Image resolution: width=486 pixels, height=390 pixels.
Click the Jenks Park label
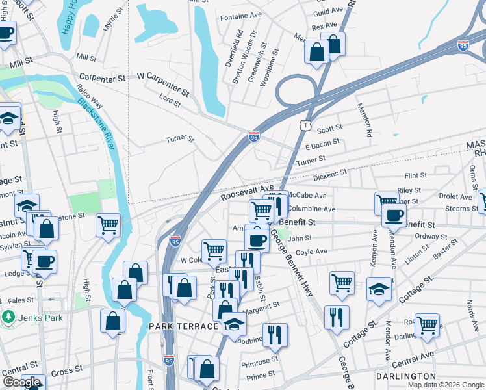click(x=31, y=318)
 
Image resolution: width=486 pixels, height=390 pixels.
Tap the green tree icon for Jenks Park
click(x=8, y=318)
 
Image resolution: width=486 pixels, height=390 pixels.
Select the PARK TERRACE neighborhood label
click(x=183, y=326)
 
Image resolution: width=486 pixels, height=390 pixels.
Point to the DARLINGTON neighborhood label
click(x=406, y=376)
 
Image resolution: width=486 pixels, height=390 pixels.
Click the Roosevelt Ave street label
click(x=247, y=190)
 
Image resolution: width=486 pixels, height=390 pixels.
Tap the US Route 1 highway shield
click(x=305, y=123)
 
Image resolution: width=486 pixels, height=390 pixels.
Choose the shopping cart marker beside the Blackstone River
click(x=108, y=225)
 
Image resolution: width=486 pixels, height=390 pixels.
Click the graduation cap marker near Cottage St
click(x=379, y=288)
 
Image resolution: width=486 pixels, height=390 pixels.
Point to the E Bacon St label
click(x=322, y=143)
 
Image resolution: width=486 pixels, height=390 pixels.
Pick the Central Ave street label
click(x=413, y=359)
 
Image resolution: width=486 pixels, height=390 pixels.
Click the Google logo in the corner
click(x=22, y=382)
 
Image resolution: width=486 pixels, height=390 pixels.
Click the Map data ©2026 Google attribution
click(x=445, y=385)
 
